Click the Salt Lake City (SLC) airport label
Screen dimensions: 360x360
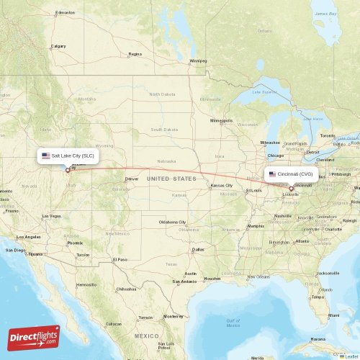[68, 156]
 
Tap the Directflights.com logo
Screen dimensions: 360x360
[35, 337]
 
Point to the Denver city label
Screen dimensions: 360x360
[131, 179]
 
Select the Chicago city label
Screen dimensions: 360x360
[275, 156]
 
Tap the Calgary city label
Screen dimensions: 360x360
[58, 47]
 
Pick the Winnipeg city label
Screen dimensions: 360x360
[197, 60]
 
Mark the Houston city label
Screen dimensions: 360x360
[212, 278]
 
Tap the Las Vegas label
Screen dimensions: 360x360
[51, 216]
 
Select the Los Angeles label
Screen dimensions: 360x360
[30, 237]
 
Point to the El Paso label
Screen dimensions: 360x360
[120, 259]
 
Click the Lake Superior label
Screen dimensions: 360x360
[265, 92]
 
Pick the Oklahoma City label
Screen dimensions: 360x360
[173, 222]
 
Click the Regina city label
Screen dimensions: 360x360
[135, 54]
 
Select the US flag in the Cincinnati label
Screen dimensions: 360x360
[272, 174]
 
